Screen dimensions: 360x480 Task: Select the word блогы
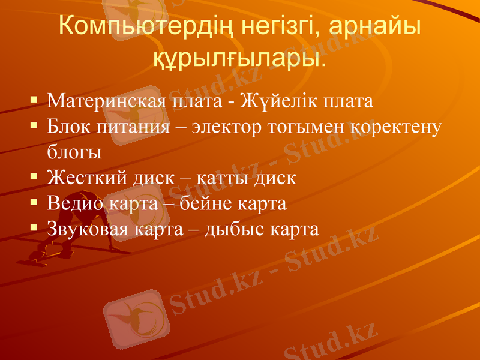74,152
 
